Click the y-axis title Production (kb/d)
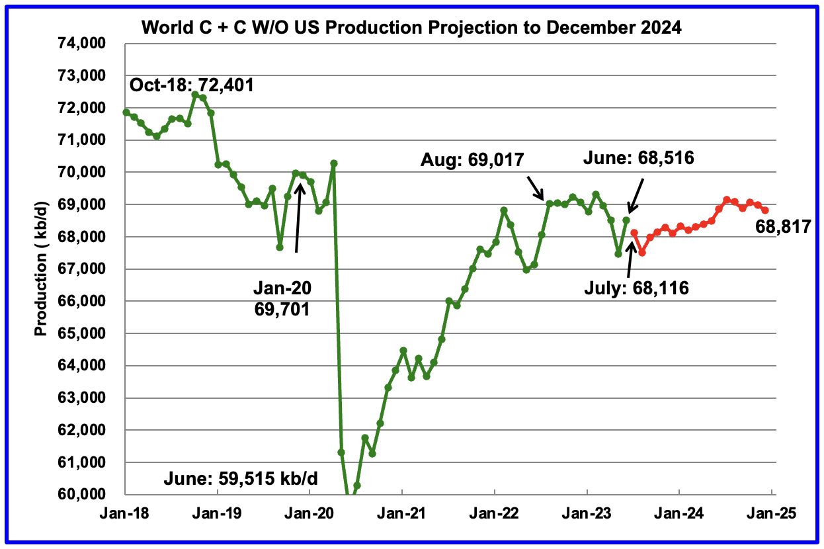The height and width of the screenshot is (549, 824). (41, 269)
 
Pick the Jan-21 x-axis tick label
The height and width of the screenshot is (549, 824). (401, 513)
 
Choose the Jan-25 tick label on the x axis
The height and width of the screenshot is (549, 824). (772, 513)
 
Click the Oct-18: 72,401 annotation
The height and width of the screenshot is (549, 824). (192, 85)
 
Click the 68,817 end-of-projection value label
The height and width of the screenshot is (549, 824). (783, 228)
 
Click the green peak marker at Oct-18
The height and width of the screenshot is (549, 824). (195, 95)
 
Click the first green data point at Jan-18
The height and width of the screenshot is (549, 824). (126, 112)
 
